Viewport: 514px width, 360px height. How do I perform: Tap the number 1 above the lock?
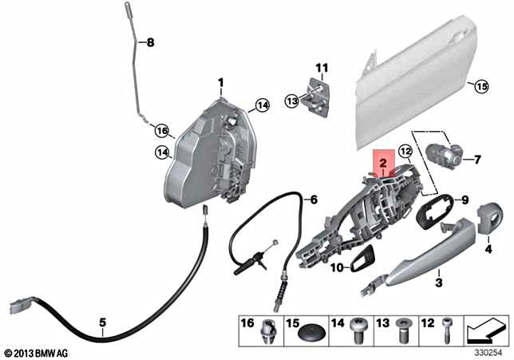point(222,82)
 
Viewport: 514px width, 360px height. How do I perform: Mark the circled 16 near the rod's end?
point(162,130)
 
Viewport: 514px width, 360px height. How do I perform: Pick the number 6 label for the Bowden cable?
point(314,198)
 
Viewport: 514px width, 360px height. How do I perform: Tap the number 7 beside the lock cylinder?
point(477,160)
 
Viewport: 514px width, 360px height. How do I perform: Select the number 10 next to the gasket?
point(336,267)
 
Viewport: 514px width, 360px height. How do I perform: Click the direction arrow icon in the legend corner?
point(485,327)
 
